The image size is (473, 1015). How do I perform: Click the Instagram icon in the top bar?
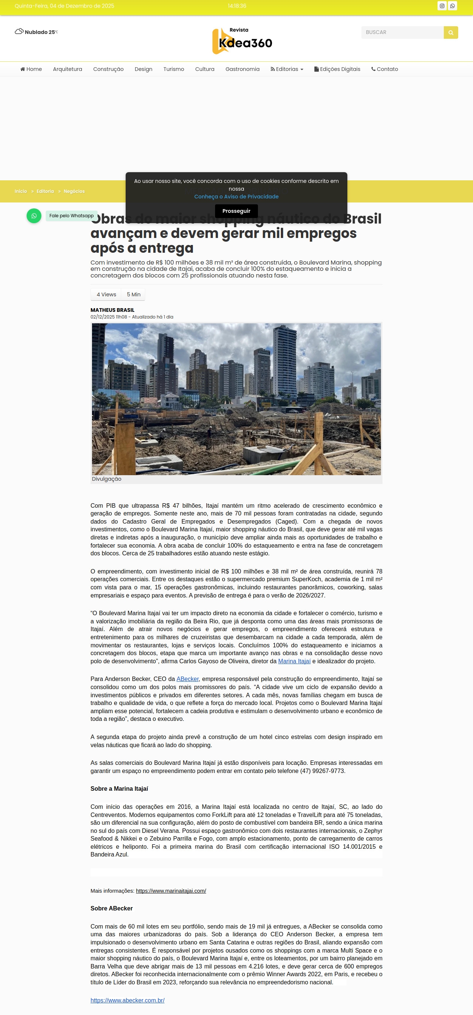[x=442, y=6]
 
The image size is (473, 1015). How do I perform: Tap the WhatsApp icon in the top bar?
[x=453, y=6]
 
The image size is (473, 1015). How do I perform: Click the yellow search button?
[x=450, y=32]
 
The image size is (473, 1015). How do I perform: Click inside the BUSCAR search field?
[x=402, y=32]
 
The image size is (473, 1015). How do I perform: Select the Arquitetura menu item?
[x=67, y=69]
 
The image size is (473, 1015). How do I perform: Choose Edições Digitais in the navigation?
[x=337, y=69]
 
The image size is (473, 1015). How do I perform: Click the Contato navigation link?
[x=385, y=69]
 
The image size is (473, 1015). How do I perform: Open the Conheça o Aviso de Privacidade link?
[x=236, y=197]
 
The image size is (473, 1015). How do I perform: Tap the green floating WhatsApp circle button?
[x=34, y=215]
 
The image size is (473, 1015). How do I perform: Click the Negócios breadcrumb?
[x=74, y=191]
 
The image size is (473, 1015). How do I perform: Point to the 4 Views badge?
[x=106, y=294]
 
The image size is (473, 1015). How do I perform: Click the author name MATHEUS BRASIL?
[x=112, y=310]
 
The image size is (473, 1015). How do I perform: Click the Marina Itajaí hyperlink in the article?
[x=294, y=661]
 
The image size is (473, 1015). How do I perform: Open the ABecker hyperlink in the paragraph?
[x=188, y=679]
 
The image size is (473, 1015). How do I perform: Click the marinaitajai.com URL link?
[x=171, y=890]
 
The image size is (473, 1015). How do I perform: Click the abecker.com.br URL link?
[x=127, y=1000]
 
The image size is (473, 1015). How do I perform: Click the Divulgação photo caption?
[x=106, y=479]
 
